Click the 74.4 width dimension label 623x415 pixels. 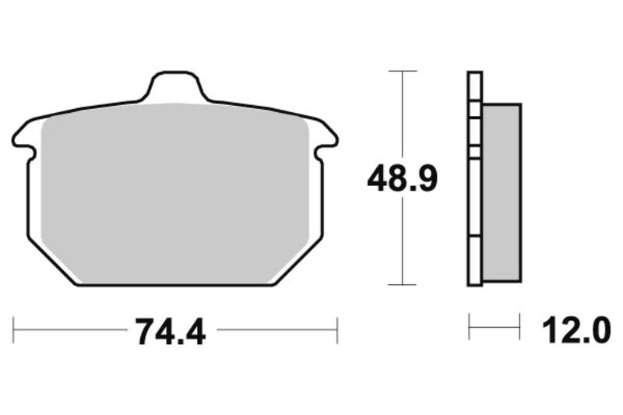[x=171, y=332]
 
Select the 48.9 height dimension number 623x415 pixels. [x=403, y=180]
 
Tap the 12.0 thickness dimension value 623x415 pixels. [x=577, y=332]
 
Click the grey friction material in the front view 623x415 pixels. [x=175, y=191]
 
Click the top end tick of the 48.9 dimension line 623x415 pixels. [x=402, y=72]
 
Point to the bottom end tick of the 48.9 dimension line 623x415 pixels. [x=402, y=285]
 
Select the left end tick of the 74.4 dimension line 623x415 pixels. [x=14, y=329]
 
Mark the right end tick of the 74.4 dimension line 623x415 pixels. [x=337, y=329]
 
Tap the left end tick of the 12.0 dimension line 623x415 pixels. [x=469, y=328]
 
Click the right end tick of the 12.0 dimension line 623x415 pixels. [x=519, y=328]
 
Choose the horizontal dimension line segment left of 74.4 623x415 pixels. [x=70, y=329]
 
